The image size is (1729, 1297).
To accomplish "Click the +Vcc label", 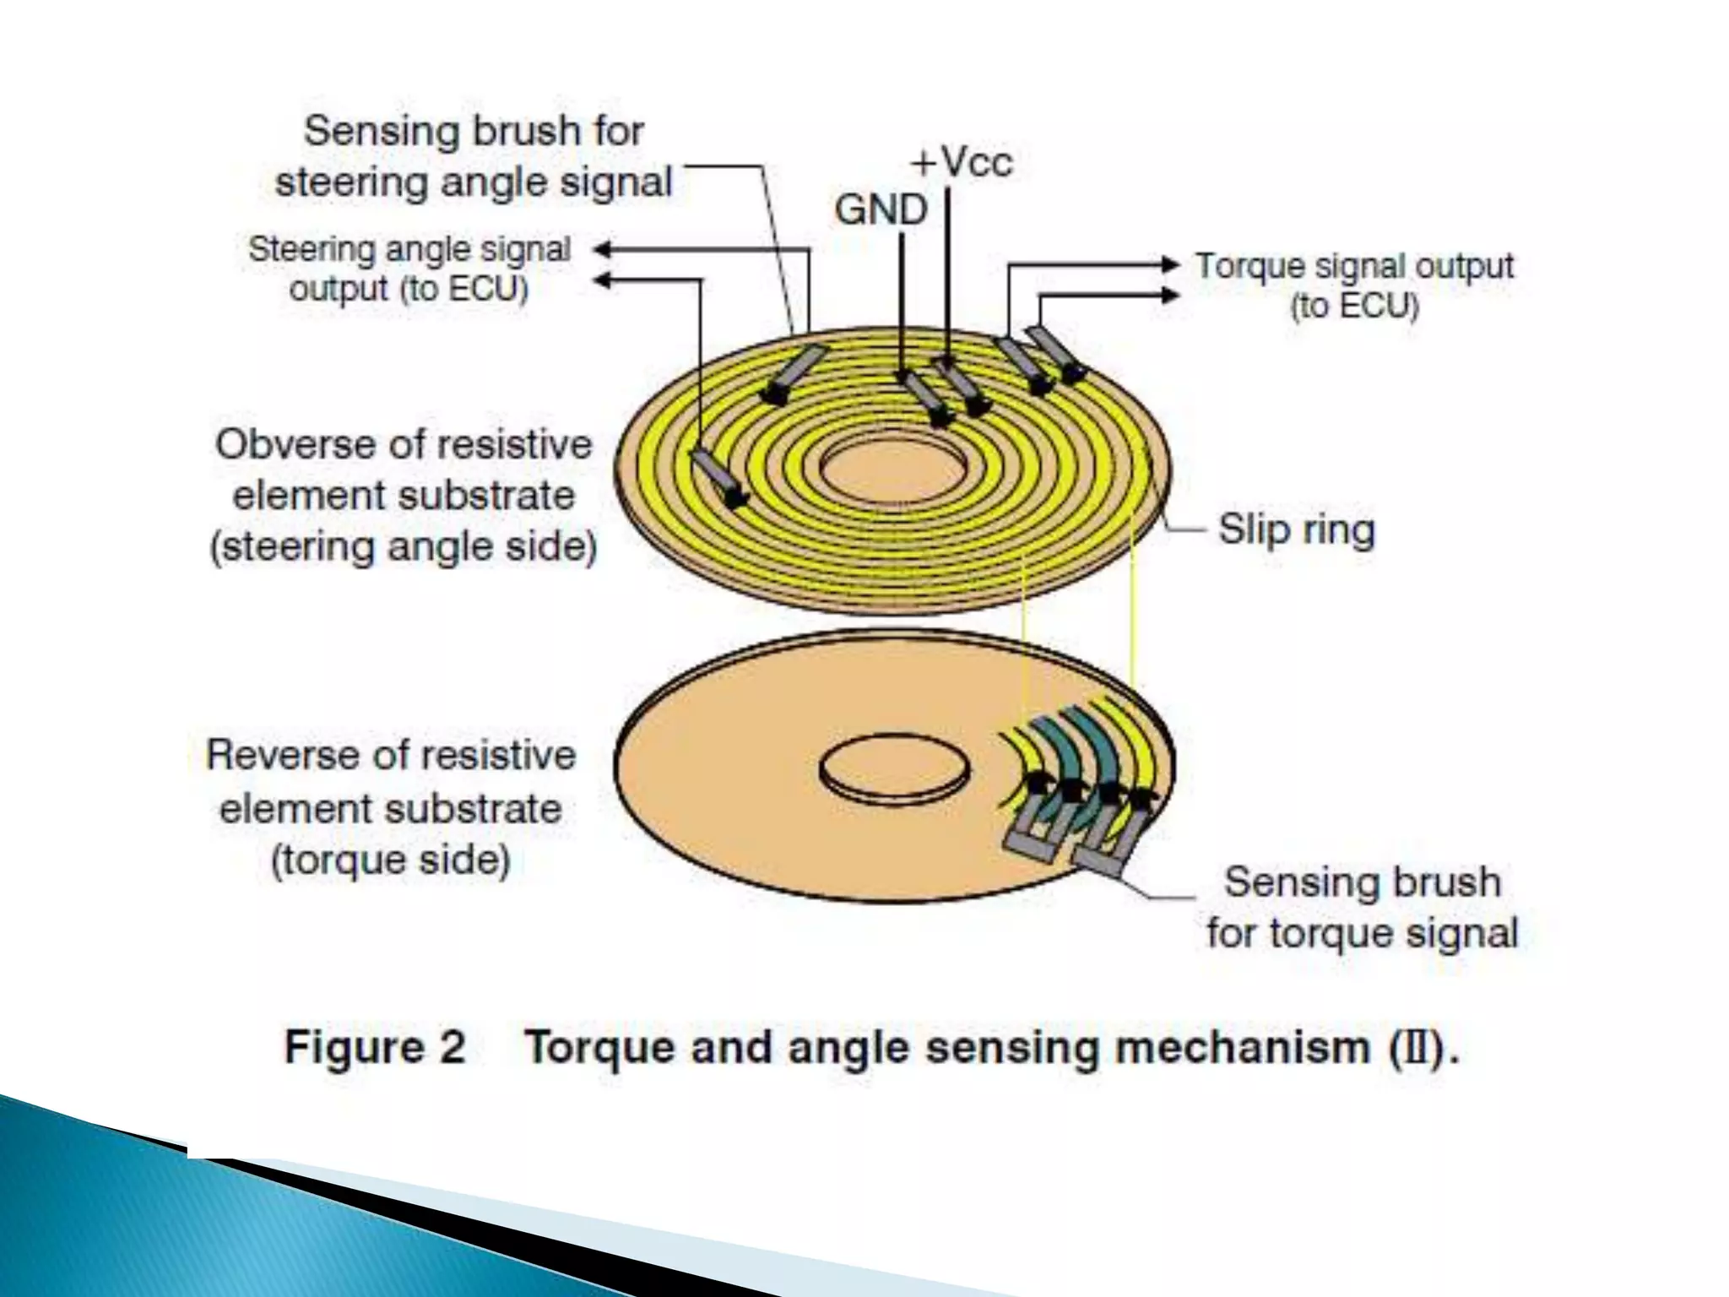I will [961, 161].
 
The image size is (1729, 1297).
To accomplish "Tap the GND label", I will [881, 209].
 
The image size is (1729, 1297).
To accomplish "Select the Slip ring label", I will [1296, 530].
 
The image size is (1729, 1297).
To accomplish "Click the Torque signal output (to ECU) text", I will [1354, 285].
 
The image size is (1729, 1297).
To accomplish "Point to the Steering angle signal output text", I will [409, 269].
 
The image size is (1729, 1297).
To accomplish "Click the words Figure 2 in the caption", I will [375, 1047].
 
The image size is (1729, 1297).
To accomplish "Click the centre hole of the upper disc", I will [893, 469].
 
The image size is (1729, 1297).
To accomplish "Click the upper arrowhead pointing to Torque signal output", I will [1170, 264].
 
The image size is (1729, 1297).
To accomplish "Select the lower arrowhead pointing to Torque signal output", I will [1170, 295].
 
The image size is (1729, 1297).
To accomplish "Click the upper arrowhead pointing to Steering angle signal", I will [601, 250].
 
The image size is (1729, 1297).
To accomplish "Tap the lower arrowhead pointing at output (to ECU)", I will [601, 280].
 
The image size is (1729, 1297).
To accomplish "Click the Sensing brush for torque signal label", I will [1362, 908].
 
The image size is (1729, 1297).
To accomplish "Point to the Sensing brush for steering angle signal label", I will [474, 157].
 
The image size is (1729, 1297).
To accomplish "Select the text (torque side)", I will [391, 860].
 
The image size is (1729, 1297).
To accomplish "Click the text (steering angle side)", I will [404, 546].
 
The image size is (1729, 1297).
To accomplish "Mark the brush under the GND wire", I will [927, 399].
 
